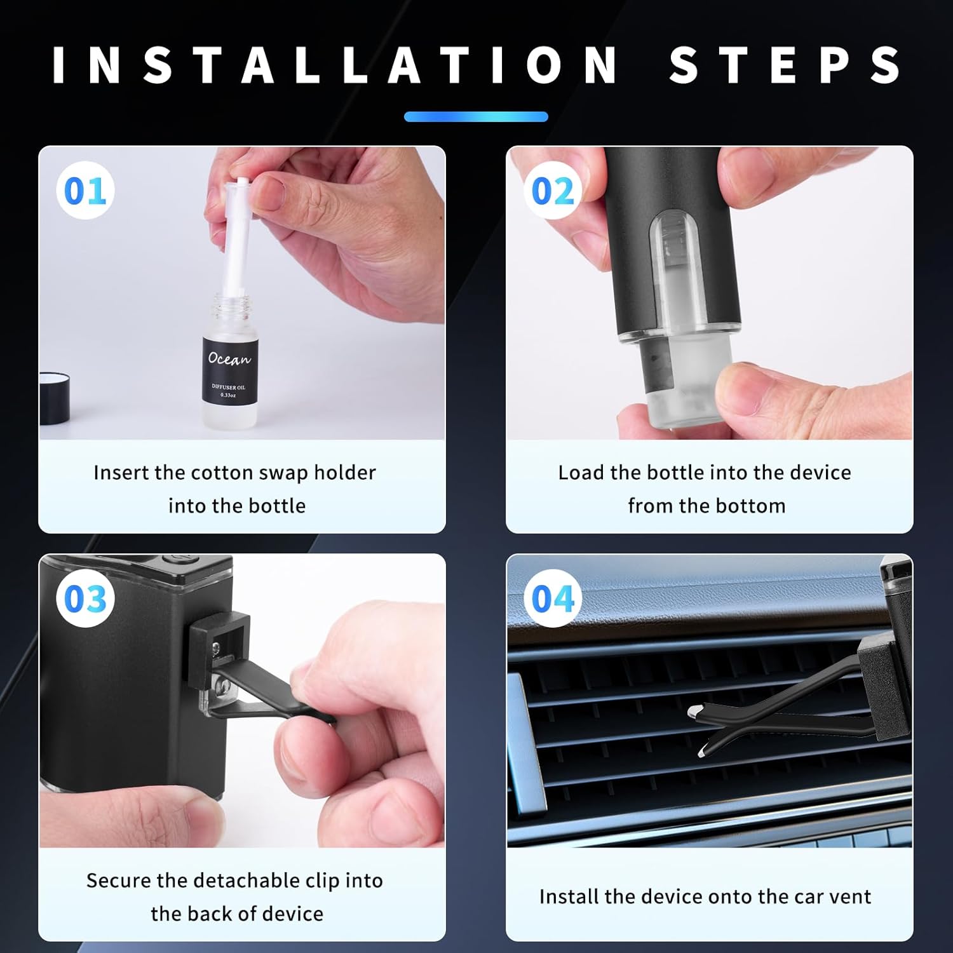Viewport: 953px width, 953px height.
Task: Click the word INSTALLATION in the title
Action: coord(335,65)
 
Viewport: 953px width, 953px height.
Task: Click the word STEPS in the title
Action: coord(785,65)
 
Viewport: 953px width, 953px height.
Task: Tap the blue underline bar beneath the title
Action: coord(476,117)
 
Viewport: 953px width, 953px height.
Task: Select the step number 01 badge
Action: coord(85,191)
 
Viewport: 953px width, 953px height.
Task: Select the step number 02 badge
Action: coord(552,191)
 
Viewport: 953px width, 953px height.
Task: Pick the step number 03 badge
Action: coord(85,598)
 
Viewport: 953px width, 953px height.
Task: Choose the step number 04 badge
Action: coord(552,598)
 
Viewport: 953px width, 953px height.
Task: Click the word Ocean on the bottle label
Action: coord(229,359)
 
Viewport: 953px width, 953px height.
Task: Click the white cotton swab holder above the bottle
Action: coord(240,241)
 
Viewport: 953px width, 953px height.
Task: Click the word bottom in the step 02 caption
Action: coord(755,506)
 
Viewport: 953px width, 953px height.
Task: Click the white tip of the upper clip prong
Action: coord(694,710)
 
